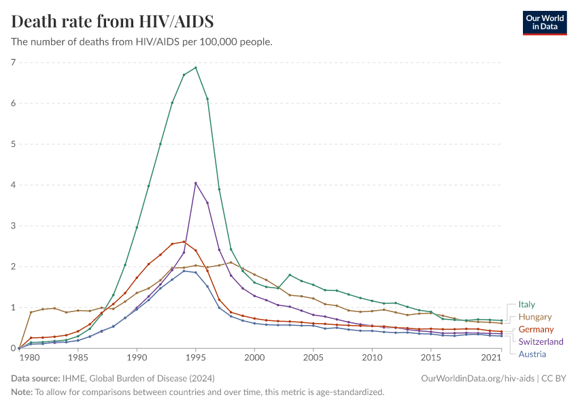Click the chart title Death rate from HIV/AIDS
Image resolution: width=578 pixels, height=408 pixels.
coord(112,21)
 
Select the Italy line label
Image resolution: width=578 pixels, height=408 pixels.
coord(526,305)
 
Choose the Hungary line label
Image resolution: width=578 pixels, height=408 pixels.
coord(534,317)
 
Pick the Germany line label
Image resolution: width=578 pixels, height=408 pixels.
coord(536,329)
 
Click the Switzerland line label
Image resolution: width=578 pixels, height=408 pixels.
coord(541,341)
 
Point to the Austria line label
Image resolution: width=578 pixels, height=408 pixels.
coord(532,354)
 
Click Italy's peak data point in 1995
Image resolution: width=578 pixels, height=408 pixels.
coord(196,67)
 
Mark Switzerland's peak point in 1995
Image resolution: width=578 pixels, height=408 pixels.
coord(196,183)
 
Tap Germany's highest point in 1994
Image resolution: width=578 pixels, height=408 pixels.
coord(184,241)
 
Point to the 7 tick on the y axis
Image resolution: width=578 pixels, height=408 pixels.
coord(12,63)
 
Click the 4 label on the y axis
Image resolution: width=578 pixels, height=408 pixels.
coord(12,185)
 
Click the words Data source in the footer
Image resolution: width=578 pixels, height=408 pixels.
coord(34,378)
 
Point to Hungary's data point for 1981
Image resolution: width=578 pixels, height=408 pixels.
coord(31,312)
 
